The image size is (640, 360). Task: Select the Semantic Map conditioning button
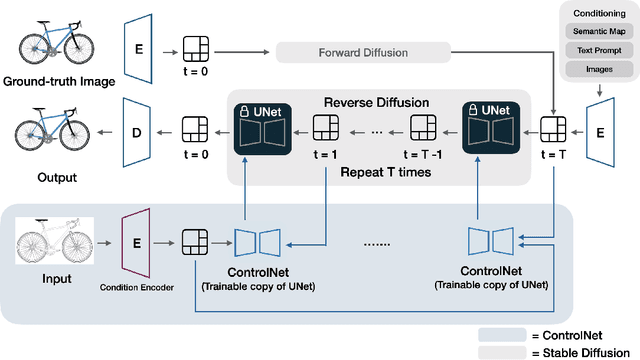pyautogui.click(x=597, y=33)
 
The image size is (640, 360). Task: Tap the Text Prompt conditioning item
pyautogui.click(x=597, y=50)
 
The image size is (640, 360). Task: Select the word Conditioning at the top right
pyautogui.click(x=597, y=14)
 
